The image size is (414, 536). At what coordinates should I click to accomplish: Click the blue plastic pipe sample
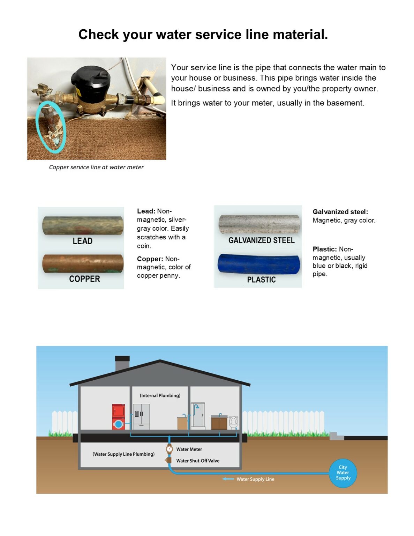coord(258,264)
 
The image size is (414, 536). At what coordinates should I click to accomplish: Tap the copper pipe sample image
coord(83,263)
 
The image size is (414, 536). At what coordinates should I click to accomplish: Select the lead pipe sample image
coord(83,225)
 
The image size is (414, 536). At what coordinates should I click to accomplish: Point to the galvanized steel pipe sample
coord(259,224)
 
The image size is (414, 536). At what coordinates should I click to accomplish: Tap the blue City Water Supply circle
coord(343,473)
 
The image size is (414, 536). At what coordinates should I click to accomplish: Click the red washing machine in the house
coord(118,417)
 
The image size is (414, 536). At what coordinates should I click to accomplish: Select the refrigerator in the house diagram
coord(141,417)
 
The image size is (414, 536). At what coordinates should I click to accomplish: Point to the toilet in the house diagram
coord(233,423)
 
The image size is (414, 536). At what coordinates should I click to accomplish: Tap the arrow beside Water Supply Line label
coord(228,479)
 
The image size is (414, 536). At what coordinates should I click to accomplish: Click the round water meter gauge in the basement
coord(170,449)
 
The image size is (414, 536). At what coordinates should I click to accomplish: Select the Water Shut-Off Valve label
coord(198,461)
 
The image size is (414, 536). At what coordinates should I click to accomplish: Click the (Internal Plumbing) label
coord(160,395)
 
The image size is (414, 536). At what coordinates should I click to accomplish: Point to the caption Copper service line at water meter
coord(96,167)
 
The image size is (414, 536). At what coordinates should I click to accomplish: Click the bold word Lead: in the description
coord(146,211)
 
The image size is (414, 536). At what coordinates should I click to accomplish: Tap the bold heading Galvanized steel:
coord(340,212)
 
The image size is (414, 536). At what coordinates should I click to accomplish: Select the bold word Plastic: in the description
coord(324,249)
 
